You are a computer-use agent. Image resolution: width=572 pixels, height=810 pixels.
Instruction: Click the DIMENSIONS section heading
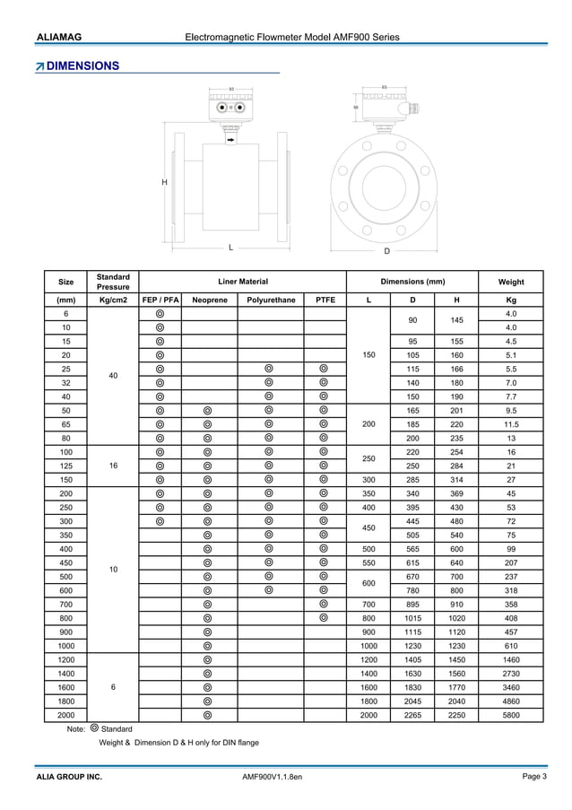[82, 66]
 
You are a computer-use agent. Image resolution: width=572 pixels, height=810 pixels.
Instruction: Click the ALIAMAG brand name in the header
[59, 37]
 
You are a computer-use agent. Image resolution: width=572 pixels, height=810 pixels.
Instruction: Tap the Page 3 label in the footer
[533, 776]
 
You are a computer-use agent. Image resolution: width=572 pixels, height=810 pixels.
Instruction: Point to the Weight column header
[511, 282]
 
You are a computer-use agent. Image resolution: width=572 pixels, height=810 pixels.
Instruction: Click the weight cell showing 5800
[511, 715]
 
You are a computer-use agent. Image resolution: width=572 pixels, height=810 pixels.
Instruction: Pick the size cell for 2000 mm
[65, 715]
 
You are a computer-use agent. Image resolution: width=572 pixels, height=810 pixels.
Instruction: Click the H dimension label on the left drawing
[164, 182]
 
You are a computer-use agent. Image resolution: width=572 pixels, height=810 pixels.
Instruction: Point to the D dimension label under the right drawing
[386, 251]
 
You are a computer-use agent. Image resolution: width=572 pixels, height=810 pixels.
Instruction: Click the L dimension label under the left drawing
[230, 247]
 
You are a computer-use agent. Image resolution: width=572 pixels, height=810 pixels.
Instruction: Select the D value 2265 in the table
[412, 715]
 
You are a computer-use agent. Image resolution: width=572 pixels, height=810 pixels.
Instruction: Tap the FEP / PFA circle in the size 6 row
[160, 314]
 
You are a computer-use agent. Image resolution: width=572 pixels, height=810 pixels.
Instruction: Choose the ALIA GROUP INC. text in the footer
[69, 776]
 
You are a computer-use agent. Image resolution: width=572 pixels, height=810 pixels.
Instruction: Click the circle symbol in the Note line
[95, 728]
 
